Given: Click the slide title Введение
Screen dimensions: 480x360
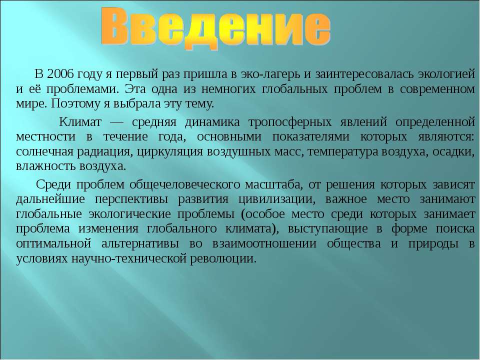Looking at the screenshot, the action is (x=216, y=28).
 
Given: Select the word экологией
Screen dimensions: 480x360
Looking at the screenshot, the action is (x=446, y=74).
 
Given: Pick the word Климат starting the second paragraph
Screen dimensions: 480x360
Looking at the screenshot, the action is (x=80, y=122).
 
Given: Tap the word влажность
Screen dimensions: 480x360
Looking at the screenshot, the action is (x=46, y=166).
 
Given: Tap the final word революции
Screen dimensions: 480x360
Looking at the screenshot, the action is (x=223, y=259).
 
